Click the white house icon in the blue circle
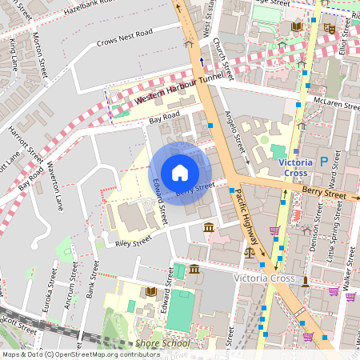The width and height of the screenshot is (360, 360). tap(180, 173)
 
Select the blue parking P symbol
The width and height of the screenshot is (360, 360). tap(323, 161)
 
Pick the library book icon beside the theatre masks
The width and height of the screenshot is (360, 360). tap(298, 27)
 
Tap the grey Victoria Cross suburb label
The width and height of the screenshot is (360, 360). tap(264, 278)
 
